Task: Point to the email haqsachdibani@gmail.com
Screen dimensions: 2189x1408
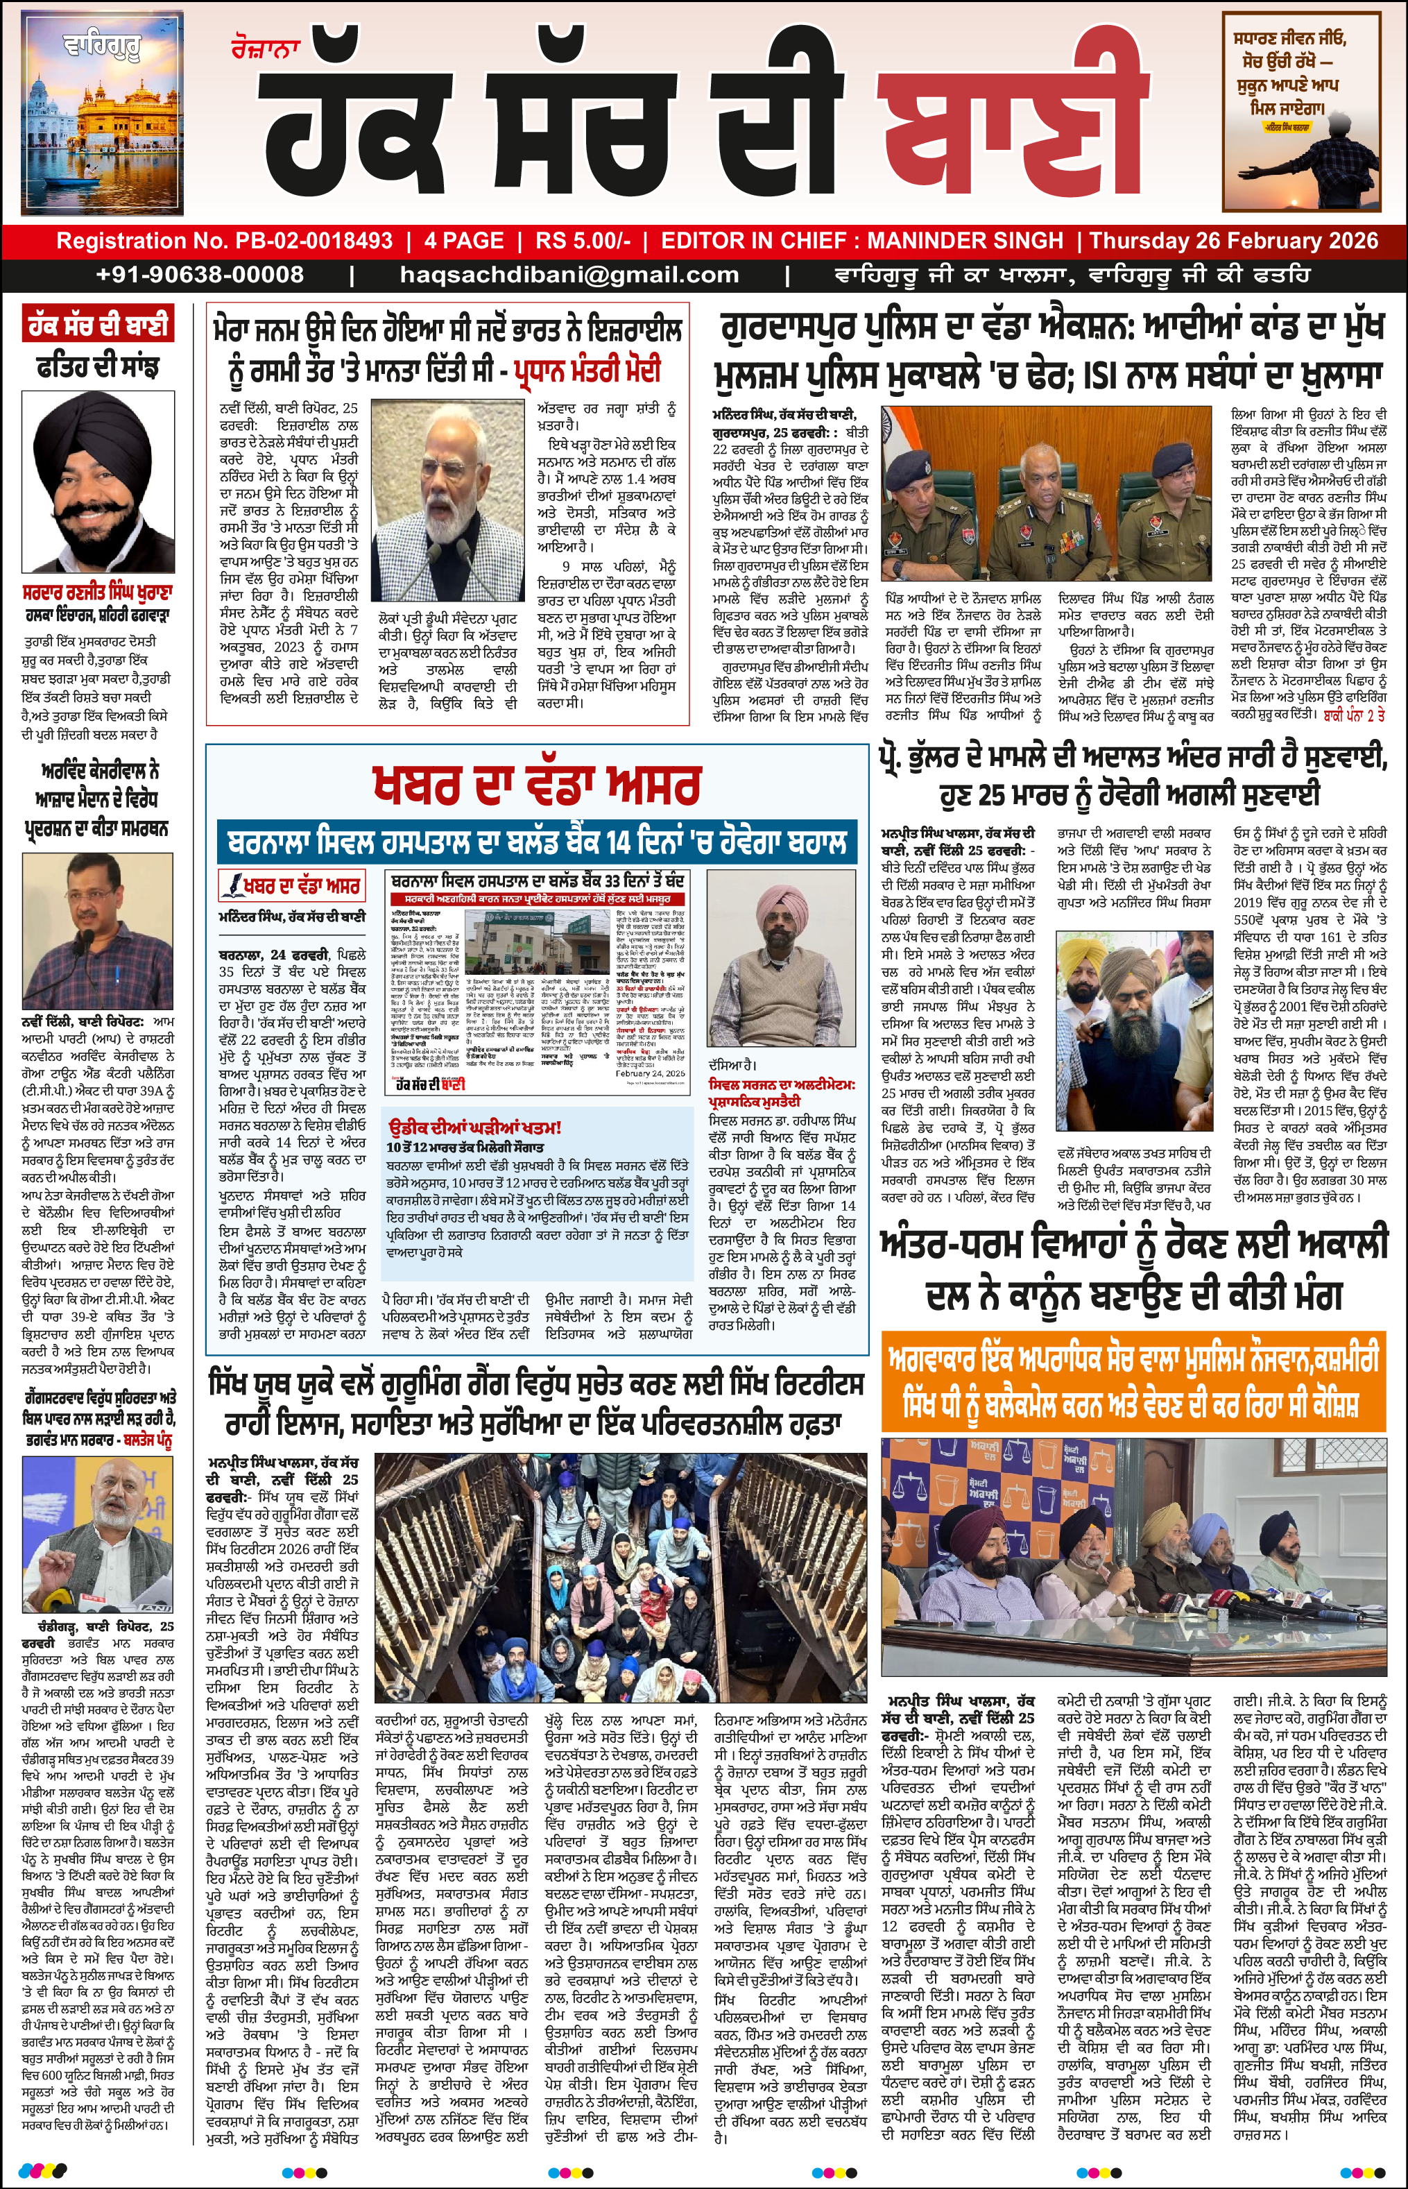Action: (x=569, y=274)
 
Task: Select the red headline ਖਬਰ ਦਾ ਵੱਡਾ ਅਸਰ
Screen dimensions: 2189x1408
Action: (x=537, y=785)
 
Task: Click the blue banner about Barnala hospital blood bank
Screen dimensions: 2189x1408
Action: (x=537, y=840)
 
